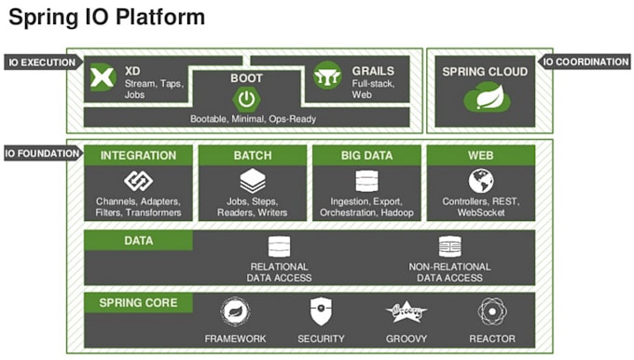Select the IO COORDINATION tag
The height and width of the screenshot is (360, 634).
tap(586, 62)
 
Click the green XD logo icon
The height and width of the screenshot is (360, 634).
tap(103, 78)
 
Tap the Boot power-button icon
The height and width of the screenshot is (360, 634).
tap(246, 99)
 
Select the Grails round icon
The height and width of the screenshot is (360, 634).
tap(327, 76)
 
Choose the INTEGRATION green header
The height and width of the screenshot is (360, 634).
tap(138, 156)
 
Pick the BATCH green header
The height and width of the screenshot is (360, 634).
tap(253, 156)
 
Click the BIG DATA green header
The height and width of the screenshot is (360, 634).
tap(366, 156)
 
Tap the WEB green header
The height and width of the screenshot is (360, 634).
tap(481, 156)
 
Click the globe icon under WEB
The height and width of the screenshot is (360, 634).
tap(481, 181)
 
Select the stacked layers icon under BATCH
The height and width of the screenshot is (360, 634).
tap(253, 181)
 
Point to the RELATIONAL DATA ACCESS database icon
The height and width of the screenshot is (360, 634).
tap(278, 246)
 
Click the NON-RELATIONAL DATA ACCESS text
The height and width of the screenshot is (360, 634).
tap(450, 271)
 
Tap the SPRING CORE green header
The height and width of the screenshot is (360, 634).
tap(138, 303)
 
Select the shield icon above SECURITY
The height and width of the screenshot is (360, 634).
tap(321, 312)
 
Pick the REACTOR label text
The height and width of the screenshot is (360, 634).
tap(491, 338)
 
